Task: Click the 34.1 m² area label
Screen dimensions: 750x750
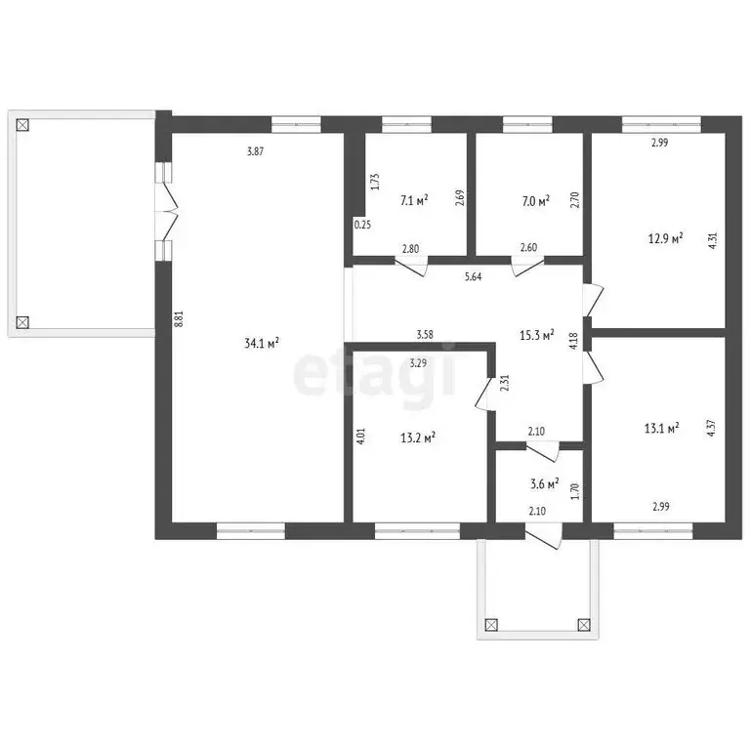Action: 262,343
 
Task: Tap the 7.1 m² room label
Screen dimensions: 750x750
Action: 414,200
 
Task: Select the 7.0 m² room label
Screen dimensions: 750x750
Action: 536,200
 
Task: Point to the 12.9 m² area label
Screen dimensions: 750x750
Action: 665,237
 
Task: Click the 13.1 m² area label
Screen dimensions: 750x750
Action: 662,428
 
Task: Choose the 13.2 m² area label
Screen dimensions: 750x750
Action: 418,437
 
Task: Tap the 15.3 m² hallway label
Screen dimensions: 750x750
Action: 537,335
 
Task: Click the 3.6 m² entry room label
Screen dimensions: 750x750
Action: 544,483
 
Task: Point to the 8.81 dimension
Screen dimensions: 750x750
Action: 179,318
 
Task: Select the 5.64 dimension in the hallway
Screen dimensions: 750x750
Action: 473,276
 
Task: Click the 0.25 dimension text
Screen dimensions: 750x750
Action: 362,225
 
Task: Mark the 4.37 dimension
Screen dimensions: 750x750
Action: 712,428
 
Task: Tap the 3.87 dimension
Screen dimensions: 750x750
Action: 255,151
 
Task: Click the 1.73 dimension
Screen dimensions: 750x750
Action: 375,182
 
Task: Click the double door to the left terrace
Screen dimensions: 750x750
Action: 166,211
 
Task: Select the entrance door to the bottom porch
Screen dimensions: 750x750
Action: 543,536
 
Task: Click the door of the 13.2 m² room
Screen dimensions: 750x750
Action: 485,395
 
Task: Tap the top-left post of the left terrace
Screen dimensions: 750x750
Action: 22,125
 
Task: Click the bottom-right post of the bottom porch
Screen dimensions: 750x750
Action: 584,625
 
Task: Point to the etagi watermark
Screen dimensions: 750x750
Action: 375,374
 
